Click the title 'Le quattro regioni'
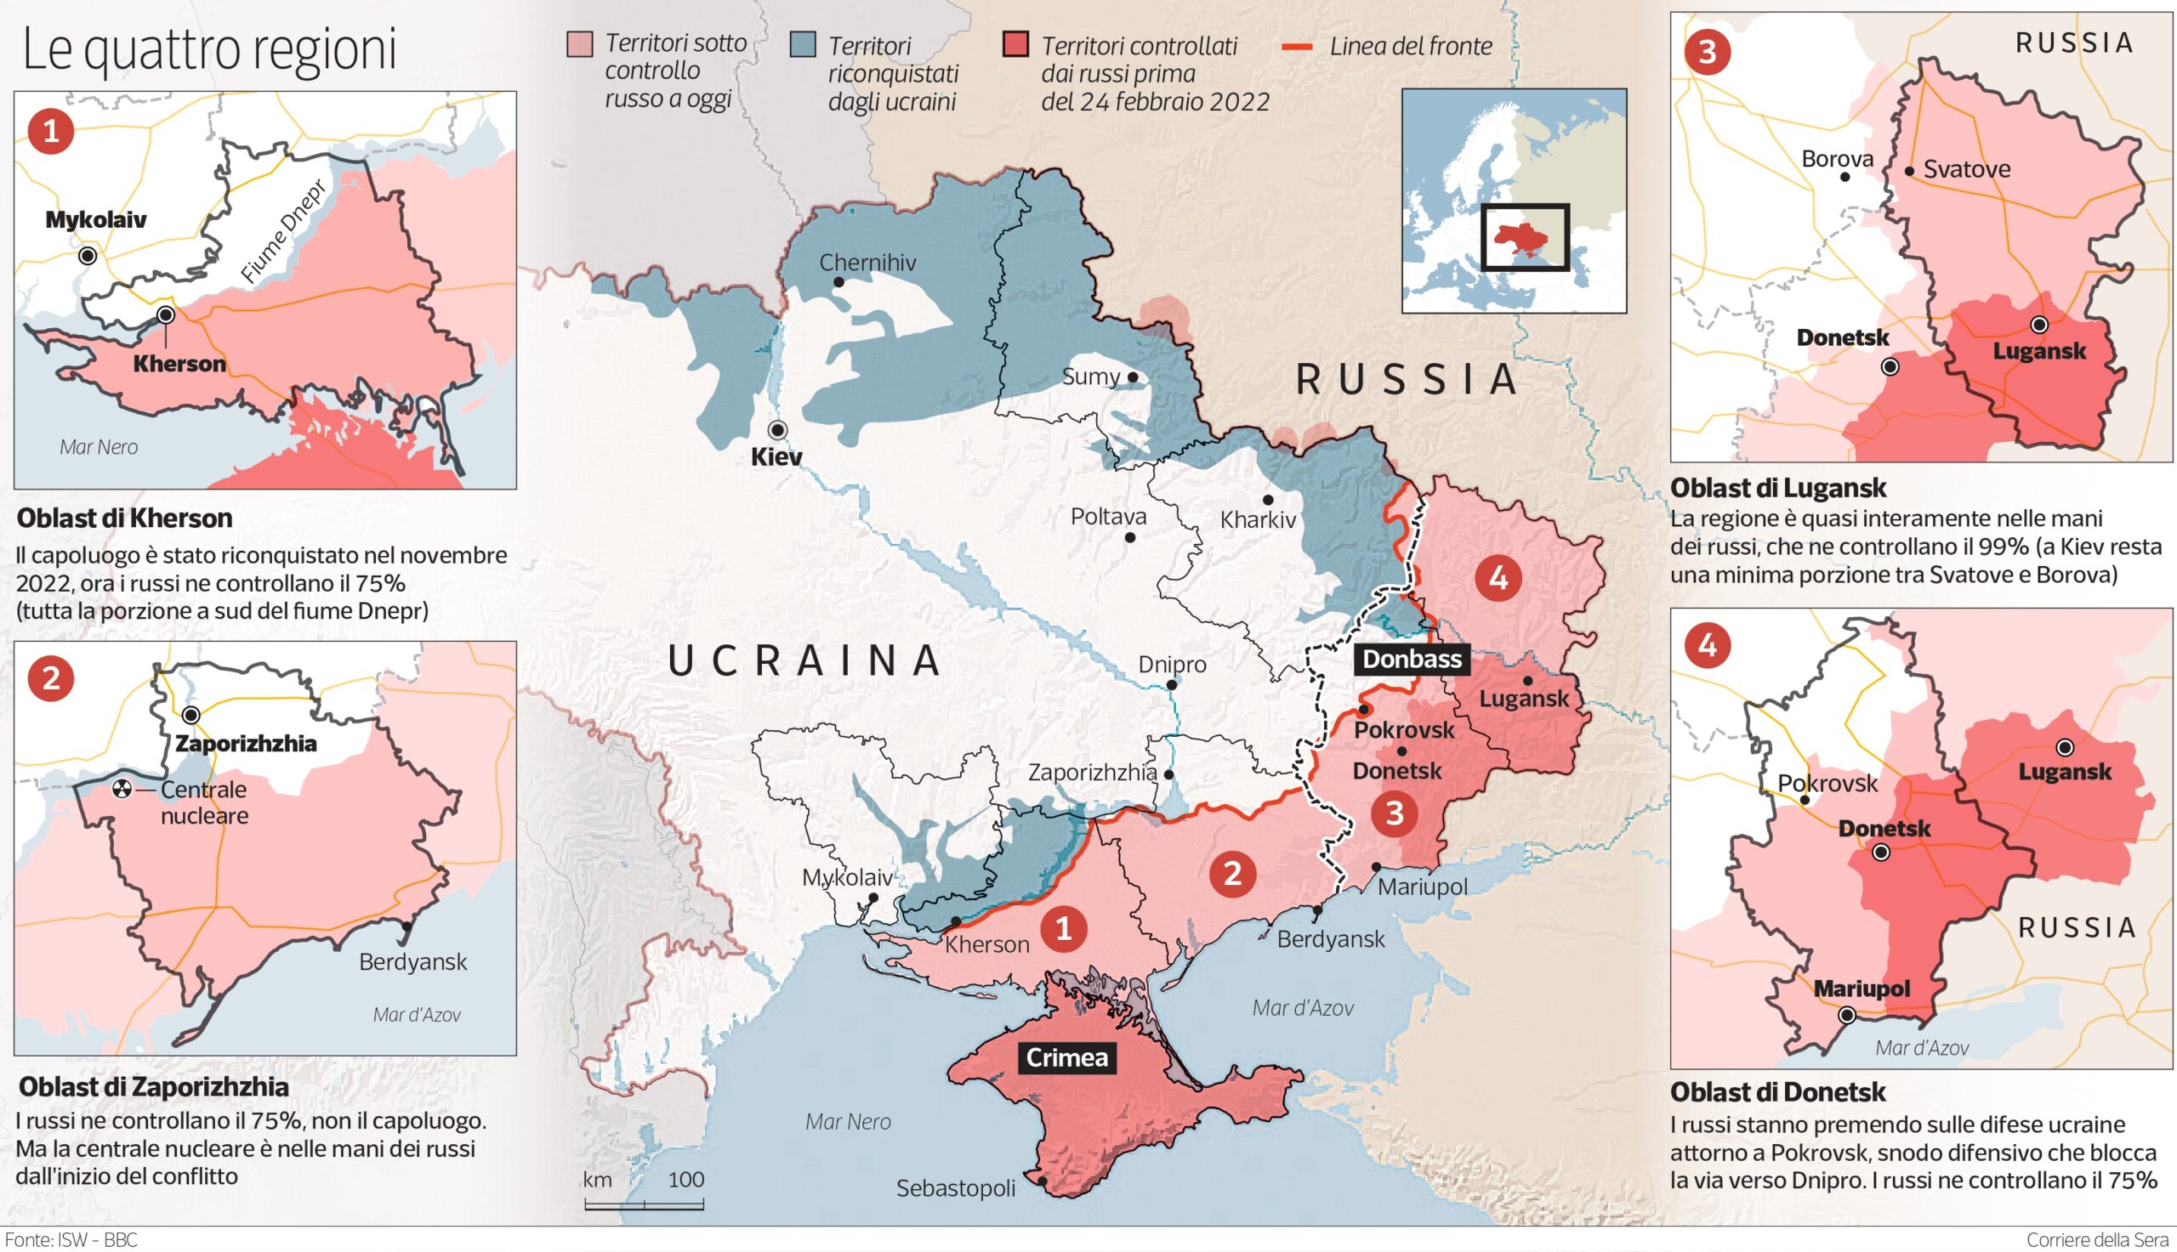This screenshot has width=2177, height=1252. [x=209, y=50]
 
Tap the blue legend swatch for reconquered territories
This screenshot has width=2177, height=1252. [x=803, y=45]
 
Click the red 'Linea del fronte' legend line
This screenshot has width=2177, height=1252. [x=1297, y=47]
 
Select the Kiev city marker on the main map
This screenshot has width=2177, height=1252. [x=778, y=429]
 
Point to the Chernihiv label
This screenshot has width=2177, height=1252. [x=867, y=263]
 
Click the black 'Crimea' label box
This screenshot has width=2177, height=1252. [x=1066, y=1057]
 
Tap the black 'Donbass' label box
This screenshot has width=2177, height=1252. [x=1412, y=659]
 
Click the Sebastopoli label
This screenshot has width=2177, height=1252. [x=956, y=1188]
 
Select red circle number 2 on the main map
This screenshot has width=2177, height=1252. [x=1232, y=874]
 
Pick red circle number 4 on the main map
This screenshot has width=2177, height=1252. [x=1498, y=577]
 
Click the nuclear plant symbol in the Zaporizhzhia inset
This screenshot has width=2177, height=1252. [x=122, y=790]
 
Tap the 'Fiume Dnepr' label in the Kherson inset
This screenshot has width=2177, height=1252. [x=283, y=231]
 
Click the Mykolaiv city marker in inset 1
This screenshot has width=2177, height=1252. [x=88, y=255]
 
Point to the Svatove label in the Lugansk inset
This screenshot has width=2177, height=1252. [x=1966, y=169]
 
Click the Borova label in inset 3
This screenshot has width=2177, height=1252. [x=1837, y=159]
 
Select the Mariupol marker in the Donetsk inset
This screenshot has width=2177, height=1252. [x=1846, y=1016]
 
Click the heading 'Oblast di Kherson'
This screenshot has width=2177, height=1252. [x=125, y=518]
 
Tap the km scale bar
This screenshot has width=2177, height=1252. [x=645, y=1204]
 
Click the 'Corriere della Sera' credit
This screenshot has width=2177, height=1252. [x=2097, y=1240]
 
